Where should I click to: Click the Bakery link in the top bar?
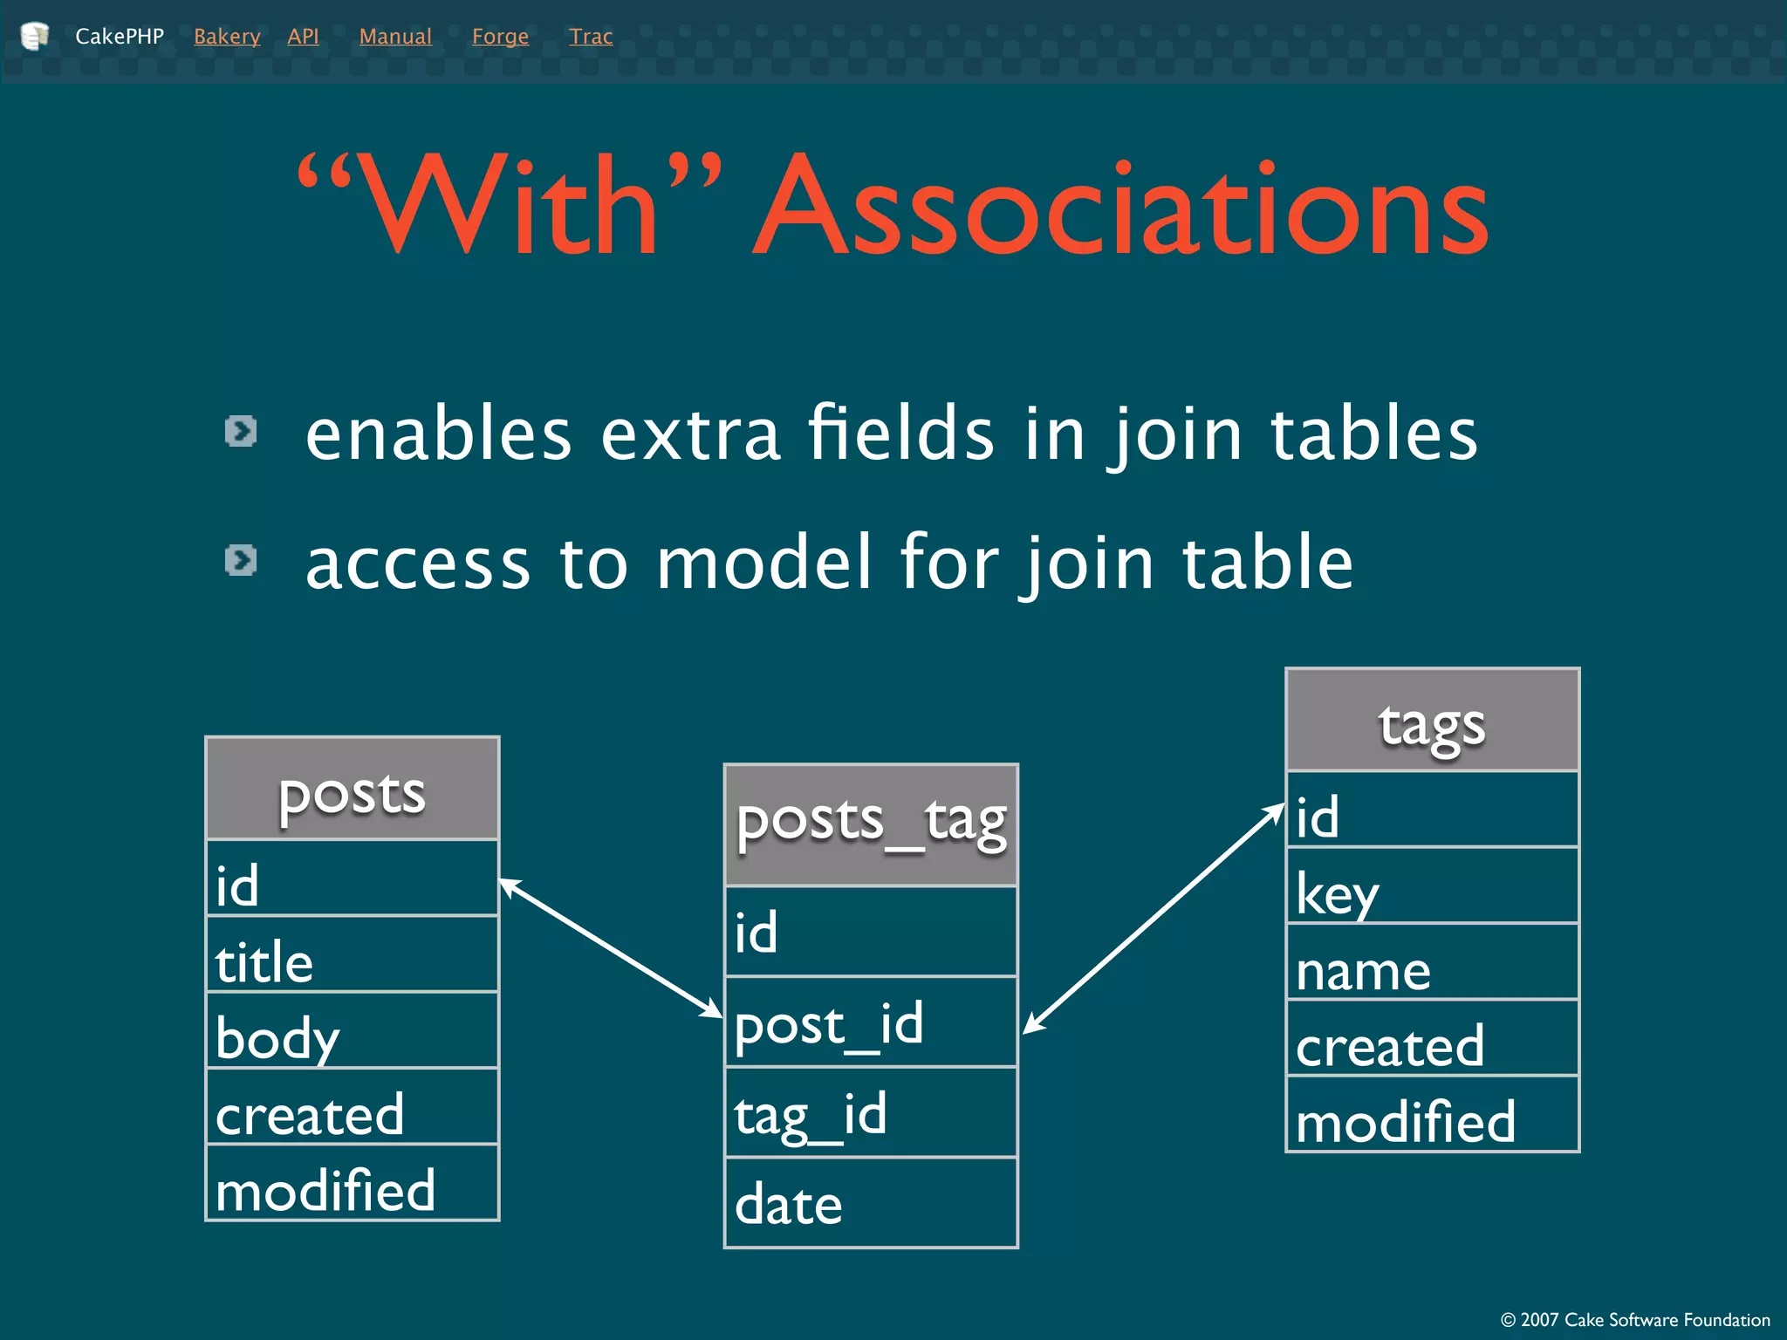click(227, 37)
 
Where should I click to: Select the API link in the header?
click(303, 37)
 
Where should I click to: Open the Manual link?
click(395, 37)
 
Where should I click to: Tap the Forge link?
click(500, 37)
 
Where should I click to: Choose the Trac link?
click(591, 37)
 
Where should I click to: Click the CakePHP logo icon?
click(34, 36)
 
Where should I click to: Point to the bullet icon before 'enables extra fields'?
click(241, 431)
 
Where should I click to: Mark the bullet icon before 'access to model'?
click(241, 560)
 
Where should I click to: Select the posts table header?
click(352, 790)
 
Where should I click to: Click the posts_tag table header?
click(871, 824)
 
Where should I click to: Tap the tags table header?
click(1432, 721)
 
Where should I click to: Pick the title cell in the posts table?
click(352, 954)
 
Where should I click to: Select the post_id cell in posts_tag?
click(871, 1022)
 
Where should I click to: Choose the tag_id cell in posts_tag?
click(871, 1113)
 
